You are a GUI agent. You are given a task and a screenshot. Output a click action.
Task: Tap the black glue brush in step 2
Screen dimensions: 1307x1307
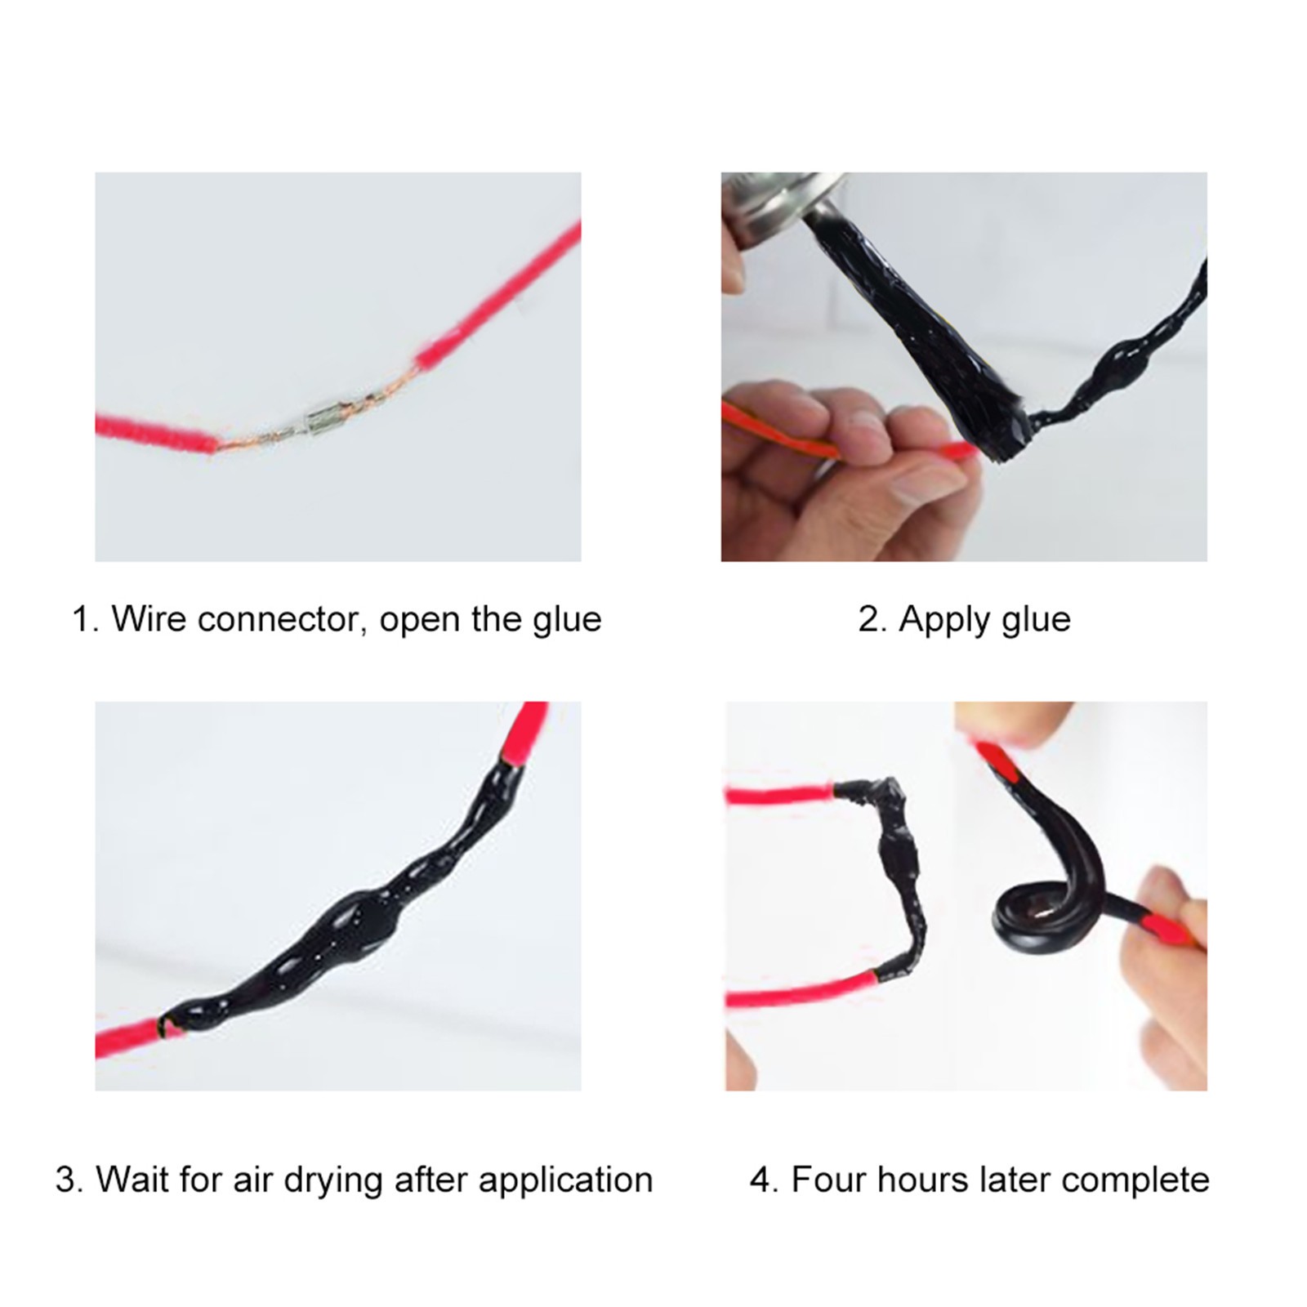click(923, 327)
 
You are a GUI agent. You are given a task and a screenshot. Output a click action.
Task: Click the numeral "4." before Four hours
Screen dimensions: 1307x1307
click(764, 1180)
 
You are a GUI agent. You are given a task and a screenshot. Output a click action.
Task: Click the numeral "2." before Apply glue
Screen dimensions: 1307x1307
click(872, 619)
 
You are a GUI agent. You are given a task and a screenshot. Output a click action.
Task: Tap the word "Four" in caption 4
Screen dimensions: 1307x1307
click(827, 1180)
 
